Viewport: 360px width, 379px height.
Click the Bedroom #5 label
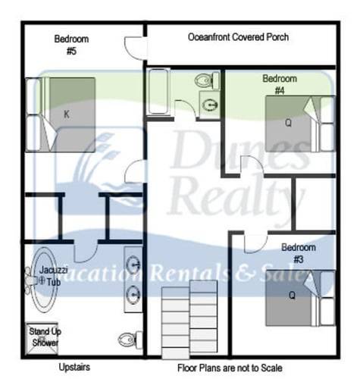click(71, 45)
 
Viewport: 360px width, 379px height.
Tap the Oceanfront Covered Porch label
click(238, 37)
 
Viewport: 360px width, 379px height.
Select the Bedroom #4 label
click(280, 84)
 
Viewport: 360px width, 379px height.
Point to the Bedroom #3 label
click(299, 253)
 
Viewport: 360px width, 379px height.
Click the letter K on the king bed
click(67, 114)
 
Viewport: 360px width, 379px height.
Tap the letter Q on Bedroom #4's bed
click(288, 123)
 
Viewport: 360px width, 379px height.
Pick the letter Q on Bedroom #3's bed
click(292, 295)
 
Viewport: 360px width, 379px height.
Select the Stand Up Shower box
click(42, 337)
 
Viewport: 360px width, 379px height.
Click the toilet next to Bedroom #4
click(207, 80)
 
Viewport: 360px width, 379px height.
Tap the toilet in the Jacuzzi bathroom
click(131, 340)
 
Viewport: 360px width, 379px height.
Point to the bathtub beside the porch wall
click(158, 92)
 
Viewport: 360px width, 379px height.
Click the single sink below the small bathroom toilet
click(210, 105)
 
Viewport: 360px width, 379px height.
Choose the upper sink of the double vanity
click(133, 265)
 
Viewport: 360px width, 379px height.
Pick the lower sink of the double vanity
click(133, 295)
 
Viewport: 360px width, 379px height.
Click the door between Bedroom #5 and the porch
click(135, 48)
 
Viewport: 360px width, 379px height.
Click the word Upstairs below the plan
click(74, 367)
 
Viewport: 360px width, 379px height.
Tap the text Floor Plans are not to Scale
click(230, 368)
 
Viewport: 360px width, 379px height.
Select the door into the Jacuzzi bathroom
click(85, 251)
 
